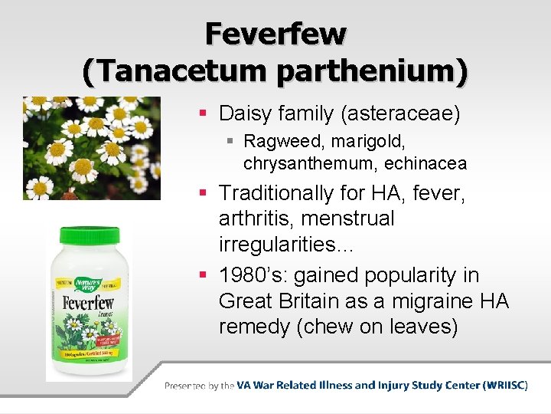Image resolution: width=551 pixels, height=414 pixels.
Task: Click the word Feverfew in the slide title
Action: point(275,34)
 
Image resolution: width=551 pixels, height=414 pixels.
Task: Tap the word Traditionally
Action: point(276,193)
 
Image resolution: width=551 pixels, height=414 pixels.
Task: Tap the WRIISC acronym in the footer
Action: point(503,386)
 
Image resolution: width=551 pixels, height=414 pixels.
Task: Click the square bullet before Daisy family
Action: point(204,114)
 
